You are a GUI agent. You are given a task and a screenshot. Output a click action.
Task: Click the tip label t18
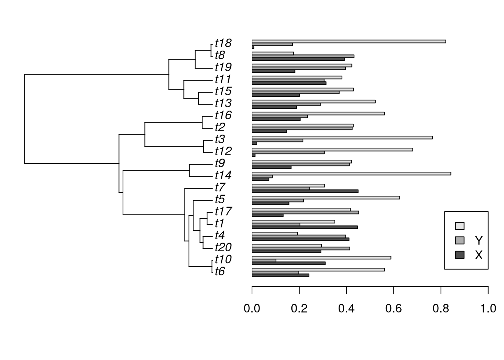223,43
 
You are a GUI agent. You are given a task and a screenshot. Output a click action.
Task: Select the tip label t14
223,175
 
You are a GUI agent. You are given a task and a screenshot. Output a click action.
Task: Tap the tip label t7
220,187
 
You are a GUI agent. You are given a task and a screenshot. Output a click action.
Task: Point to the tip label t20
223,247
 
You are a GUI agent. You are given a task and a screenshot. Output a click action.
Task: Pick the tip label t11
223,79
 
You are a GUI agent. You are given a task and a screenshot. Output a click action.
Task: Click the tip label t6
220,271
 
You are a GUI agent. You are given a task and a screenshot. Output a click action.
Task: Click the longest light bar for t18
349,41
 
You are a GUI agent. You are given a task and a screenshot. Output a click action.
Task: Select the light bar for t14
351,173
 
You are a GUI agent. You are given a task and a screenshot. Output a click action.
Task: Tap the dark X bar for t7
305,191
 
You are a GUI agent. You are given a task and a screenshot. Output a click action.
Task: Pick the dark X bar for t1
304,227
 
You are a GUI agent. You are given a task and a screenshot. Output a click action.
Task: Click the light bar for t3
342,137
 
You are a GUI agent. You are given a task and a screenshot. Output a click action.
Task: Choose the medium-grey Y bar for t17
305,212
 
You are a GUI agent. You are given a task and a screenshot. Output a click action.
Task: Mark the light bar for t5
326,197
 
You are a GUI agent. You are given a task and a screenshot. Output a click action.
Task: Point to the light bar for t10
321,257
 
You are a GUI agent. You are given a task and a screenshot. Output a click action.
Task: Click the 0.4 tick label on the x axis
346,309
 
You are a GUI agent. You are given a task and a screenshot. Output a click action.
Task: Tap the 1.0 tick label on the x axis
488,309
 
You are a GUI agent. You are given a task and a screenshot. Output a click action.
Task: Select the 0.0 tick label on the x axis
252,309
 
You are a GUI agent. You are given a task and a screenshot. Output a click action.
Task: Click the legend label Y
478,240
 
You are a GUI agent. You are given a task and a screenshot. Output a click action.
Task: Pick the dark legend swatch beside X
459,255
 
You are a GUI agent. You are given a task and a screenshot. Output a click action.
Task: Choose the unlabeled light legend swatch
459,226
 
